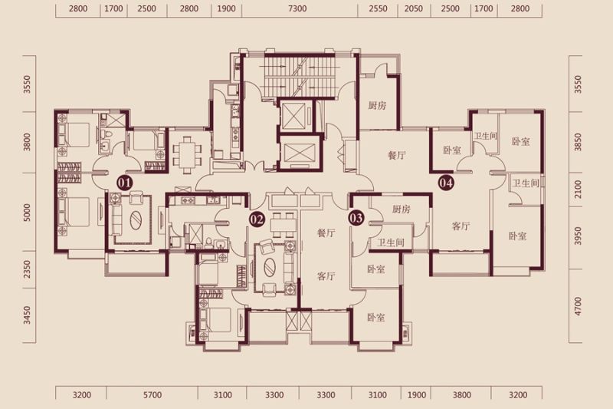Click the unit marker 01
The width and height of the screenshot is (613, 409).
(125, 183)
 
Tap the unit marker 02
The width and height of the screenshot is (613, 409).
(257, 219)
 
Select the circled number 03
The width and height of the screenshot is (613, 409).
(356, 218)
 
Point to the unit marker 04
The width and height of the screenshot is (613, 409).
(446, 183)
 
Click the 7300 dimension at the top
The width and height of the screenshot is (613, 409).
(297, 8)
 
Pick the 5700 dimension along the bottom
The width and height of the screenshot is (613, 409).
(152, 395)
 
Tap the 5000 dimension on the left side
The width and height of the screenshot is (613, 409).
(27, 212)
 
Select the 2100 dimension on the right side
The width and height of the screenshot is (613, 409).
(579, 190)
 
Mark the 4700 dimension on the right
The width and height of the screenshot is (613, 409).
(579, 306)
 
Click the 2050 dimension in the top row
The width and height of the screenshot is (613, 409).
(414, 8)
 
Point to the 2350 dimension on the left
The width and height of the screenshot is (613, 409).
(27, 269)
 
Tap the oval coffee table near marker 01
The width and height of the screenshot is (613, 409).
(136, 222)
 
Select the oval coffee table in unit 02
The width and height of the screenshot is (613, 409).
(270, 268)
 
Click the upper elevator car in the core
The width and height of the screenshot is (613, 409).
(293, 115)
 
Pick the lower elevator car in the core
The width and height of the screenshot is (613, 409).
(299, 153)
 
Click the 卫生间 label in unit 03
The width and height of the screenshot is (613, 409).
(391, 242)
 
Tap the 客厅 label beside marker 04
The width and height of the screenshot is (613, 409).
(461, 226)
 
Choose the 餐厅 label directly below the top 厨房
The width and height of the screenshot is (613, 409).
(396, 155)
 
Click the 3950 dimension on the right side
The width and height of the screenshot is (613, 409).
(579, 236)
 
